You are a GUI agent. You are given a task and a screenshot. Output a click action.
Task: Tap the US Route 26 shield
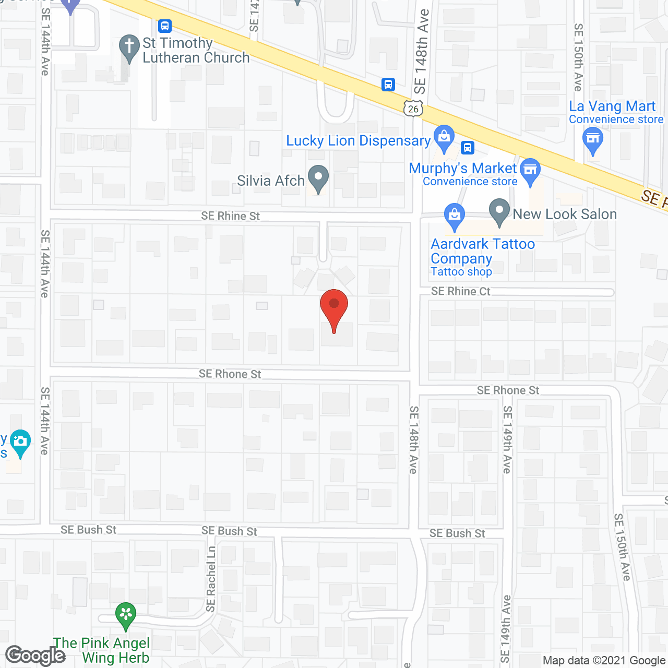pos(413,108)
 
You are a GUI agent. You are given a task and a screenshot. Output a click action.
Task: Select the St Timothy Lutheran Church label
pos(196,51)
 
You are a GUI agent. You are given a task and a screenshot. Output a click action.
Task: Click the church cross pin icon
pos(129,47)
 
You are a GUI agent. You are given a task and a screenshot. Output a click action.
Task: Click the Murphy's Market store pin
pos(530,171)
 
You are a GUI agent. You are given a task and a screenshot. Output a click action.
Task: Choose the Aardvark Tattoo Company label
pos(482,252)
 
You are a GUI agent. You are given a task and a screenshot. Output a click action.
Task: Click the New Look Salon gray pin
pos(499,212)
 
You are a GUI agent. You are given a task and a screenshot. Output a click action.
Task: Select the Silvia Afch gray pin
pos(318,178)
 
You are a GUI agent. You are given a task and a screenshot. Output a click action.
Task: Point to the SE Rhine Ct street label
pos(460,291)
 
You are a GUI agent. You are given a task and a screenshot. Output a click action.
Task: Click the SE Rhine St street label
pos(230,216)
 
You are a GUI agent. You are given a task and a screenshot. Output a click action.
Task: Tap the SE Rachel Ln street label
pos(211,578)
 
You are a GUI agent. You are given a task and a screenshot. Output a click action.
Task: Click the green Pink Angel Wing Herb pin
pos(126,615)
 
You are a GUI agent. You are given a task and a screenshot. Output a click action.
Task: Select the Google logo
pos(35,655)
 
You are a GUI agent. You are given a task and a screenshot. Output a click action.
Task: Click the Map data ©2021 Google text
pos(604,661)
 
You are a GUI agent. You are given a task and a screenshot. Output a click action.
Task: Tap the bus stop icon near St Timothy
pos(165,26)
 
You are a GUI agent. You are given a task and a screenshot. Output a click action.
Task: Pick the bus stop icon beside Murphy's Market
pos(468,148)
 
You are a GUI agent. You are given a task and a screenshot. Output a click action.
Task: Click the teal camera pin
pos(20,443)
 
